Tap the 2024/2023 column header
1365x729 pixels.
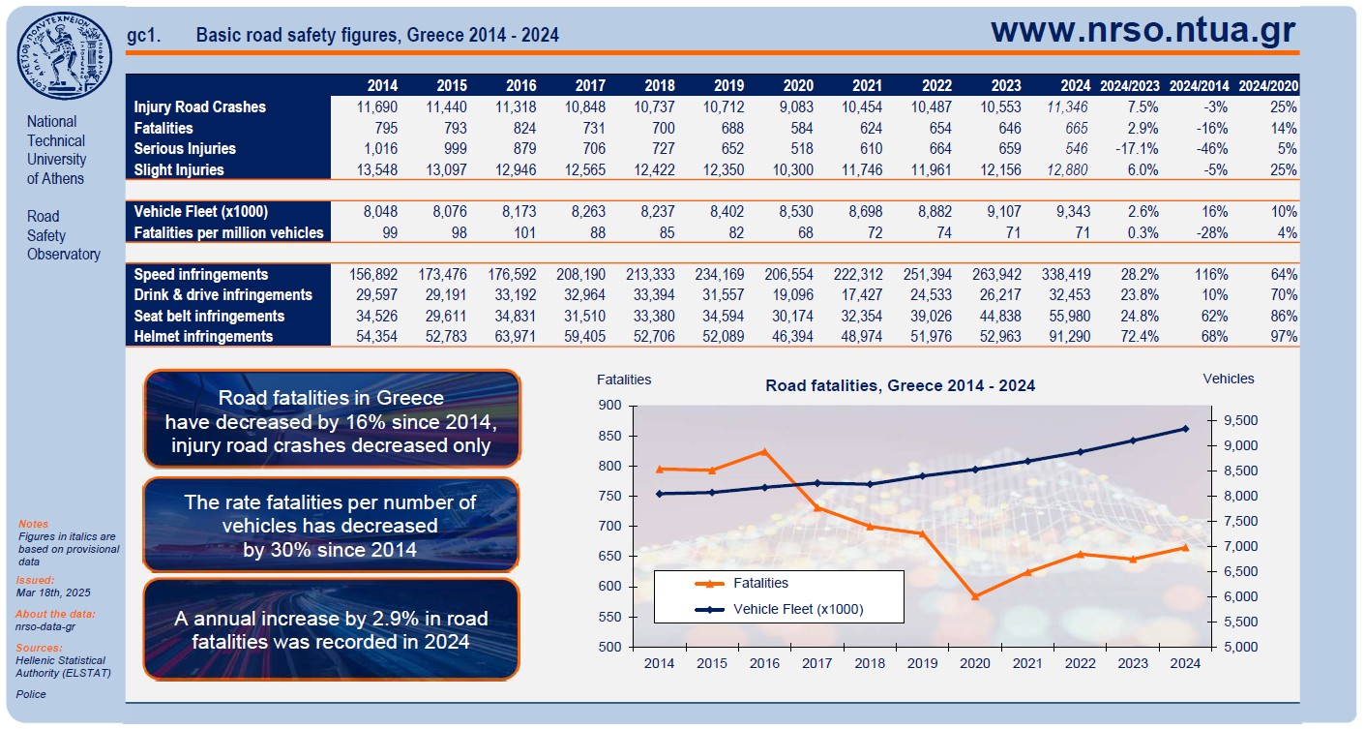click(x=1129, y=85)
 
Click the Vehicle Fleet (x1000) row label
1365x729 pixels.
click(x=200, y=211)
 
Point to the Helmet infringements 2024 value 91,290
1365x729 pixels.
click(x=1066, y=336)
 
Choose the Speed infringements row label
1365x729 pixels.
click(x=201, y=274)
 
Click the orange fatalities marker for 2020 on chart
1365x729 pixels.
click(x=975, y=596)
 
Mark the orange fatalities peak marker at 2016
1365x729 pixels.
click(x=764, y=451)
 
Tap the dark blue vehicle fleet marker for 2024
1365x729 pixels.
click(x=1185, y=428)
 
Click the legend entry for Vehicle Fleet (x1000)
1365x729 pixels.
click(x=798, y=609)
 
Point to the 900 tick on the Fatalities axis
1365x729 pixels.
click(x=610, y=406)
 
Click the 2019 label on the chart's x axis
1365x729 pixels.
click(x=922, y=663)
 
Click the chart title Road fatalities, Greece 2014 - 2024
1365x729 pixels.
click(x=900, y=385)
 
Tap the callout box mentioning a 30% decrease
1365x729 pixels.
click(x=331, y=525)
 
